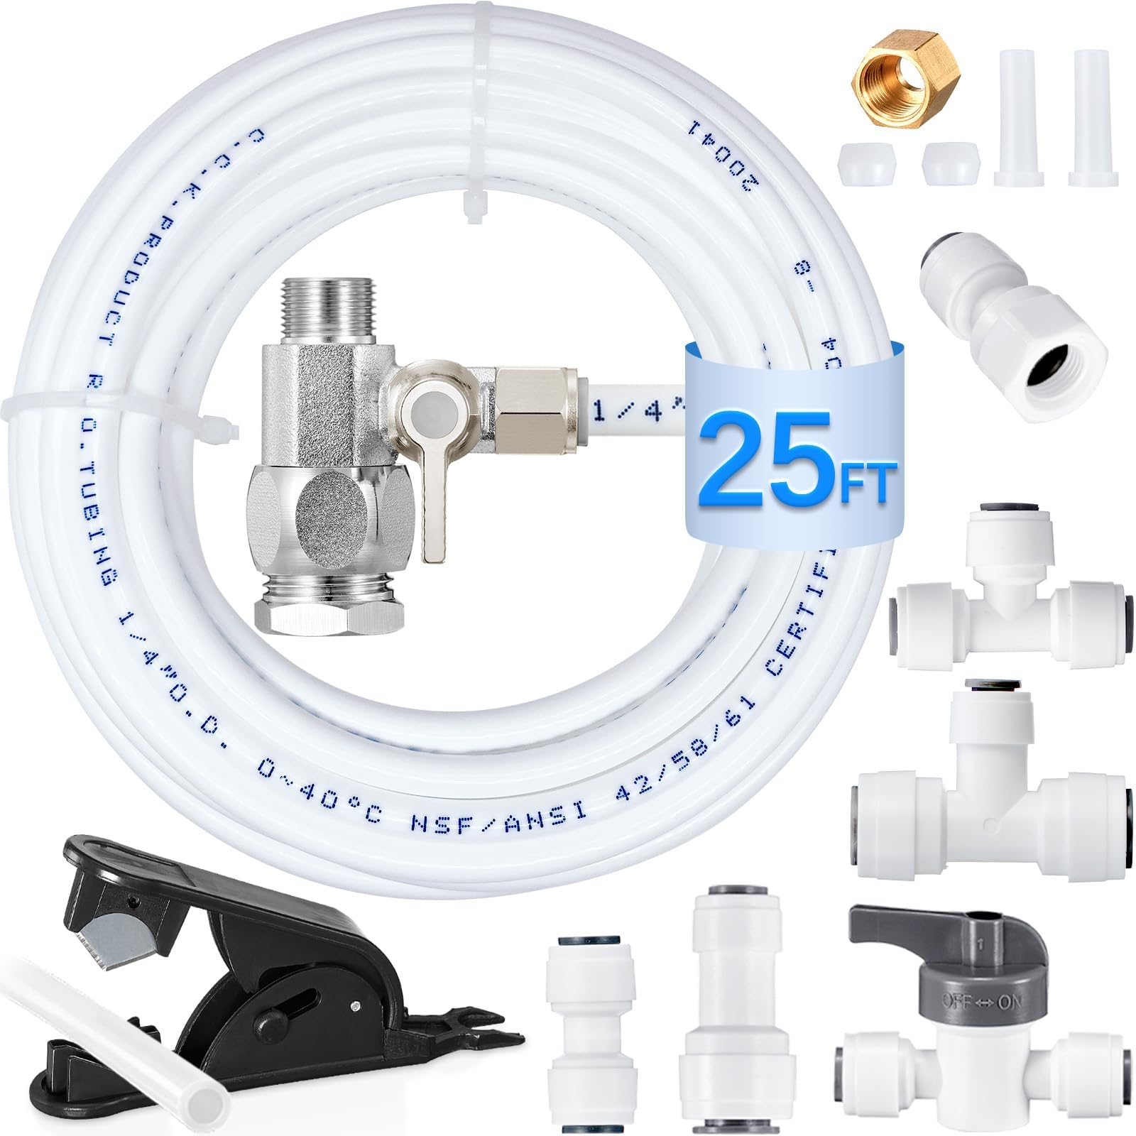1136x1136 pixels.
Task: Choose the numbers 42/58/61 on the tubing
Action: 682,745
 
